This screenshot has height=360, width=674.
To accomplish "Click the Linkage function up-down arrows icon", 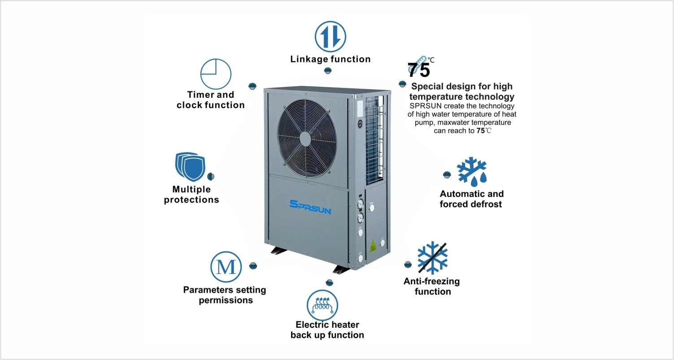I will [x=330, y=36].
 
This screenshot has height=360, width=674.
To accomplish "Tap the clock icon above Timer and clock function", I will [x=216, y=74].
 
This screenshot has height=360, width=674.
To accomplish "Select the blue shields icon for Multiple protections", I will [x=189, y=165].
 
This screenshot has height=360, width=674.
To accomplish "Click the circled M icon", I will [x=226, y=267].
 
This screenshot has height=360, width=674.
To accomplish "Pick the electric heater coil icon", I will [x=322, y=305].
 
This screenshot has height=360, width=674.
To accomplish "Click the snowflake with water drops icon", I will [x=471, y=171].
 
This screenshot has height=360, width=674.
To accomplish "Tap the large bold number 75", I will [x=418, y=70].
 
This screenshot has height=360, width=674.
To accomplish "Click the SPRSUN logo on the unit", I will [x=310, y=207].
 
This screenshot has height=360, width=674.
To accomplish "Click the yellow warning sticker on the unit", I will [x=372, y=246].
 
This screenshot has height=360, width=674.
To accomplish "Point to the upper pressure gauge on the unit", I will [x=360, y=204].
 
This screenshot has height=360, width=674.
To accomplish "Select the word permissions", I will [x=226, y=300].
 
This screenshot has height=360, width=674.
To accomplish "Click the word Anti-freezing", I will [x=431, y=282].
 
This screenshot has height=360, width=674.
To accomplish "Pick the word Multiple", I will [x=191, y=189].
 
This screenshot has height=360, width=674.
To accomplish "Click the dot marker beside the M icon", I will [x=253, y=266].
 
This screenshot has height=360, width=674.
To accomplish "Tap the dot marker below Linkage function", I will [x=328, y=71].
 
